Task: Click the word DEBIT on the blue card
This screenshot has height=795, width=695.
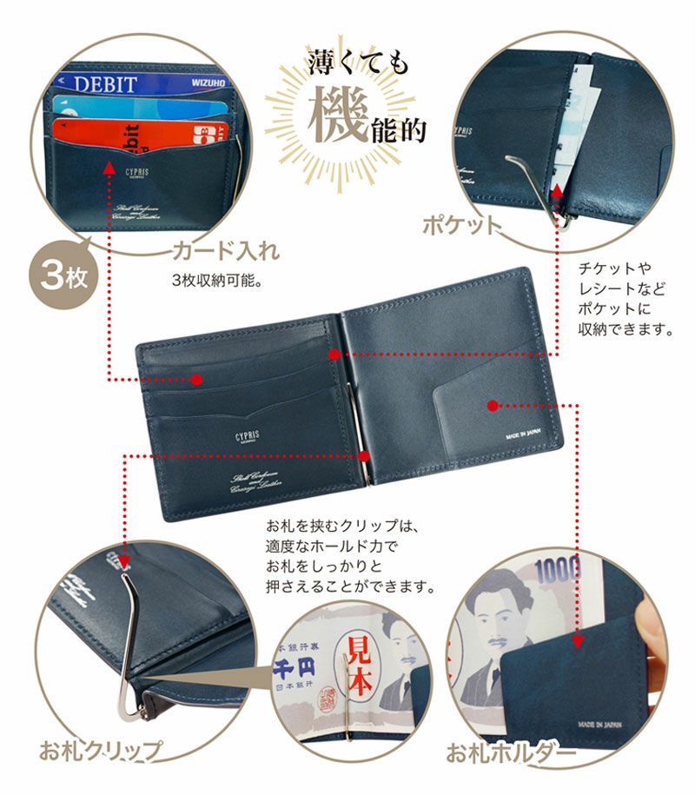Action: pyautogui.click(x=105, y=85)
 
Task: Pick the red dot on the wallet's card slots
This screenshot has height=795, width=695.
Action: pyautogui.click(x=196, y=380)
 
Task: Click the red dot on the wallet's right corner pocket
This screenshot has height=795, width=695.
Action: pyautogui.click(x=492, y=405)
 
